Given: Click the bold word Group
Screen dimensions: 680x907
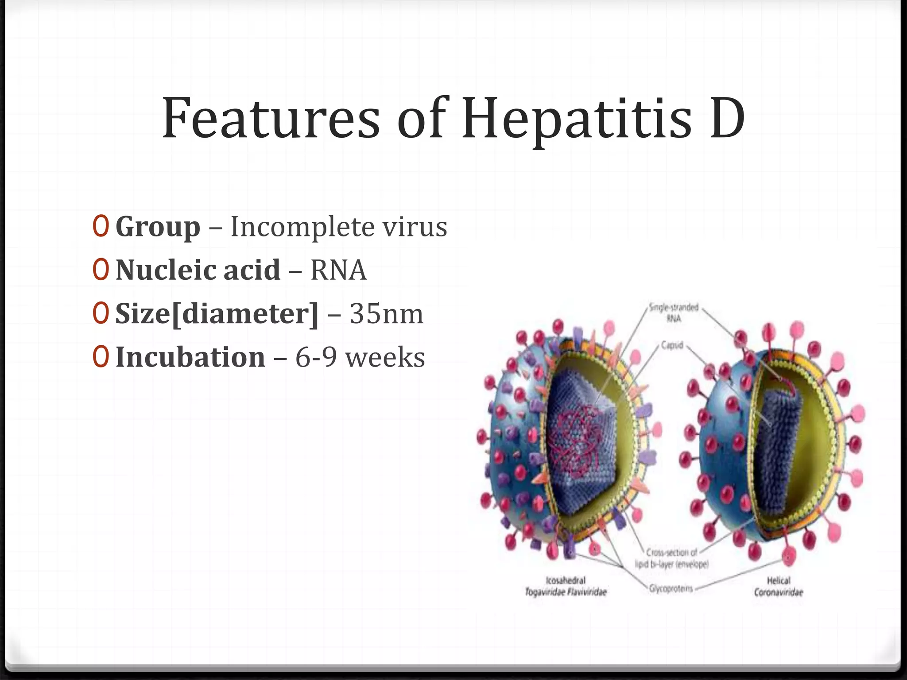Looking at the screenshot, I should tap(158, 227).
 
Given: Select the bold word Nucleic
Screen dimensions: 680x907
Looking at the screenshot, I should tap(167, 270).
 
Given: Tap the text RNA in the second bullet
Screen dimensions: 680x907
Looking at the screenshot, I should tap(338, 270).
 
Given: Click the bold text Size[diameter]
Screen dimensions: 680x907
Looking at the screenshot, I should tap(217, 314).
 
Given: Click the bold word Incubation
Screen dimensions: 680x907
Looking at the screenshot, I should tap(190, 357).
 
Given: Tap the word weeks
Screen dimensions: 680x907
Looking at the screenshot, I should tap(385, 357).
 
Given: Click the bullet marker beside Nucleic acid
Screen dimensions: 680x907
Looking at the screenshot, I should tap(101, 270).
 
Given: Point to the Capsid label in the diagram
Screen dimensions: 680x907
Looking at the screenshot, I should tap(672, 344).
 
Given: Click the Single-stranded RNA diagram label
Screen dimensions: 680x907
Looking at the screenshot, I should tap(674, 312).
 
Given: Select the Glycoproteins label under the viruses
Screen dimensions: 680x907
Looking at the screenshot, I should tap(671, 588).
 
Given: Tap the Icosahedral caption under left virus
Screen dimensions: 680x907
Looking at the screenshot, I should tap(566, 580).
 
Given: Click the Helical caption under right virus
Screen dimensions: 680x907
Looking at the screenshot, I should tap(778, 580).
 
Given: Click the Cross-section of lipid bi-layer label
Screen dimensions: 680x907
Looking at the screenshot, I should tap(672, 558).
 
